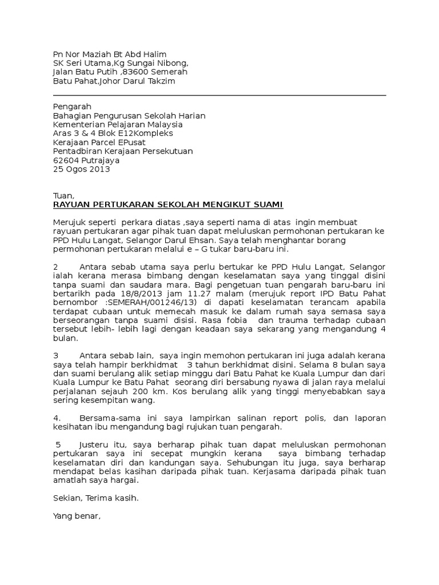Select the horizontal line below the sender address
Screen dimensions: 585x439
(x=219, y=96)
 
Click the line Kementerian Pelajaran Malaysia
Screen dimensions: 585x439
(x=118, y=125)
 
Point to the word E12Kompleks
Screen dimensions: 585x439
(x=150, y=134)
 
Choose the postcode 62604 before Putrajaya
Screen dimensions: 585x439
(x=65, y=161)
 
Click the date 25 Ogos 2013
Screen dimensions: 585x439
(x=81, y=170)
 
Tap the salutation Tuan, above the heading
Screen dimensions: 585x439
(x=63, y=196)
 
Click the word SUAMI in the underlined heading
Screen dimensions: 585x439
(x=268, y=205)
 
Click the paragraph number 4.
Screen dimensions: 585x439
(x=56, y=418)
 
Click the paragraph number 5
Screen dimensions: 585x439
(x=58, y=444)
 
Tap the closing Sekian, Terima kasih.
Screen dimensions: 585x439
(x=95, y=498)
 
